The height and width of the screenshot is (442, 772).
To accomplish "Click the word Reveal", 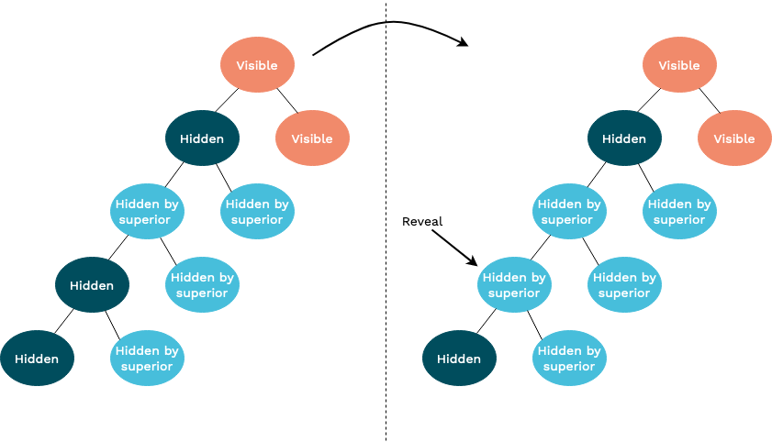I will coord(422,222).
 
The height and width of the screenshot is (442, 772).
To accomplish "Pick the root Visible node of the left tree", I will coord(257,65).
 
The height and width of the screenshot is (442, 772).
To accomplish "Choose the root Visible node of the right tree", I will coord(679,65).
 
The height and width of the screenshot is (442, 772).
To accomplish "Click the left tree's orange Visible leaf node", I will coord(312,138).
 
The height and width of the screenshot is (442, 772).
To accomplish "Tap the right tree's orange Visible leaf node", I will coord(734,138).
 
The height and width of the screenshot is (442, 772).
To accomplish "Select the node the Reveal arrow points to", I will coord(514,285).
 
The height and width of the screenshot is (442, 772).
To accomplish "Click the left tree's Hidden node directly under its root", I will coord(202,138).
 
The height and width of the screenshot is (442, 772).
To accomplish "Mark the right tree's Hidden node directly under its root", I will coord(624,138).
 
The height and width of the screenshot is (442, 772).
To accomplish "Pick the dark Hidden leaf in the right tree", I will coord(459,359).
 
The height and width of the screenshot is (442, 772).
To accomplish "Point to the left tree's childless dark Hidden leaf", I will coord(37,359).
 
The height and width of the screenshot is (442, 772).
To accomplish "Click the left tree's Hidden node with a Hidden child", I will coord(92,285).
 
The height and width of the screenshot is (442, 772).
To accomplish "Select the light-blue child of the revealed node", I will coord(569,359).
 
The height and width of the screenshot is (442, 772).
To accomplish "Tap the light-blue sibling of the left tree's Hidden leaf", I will coord(147,359).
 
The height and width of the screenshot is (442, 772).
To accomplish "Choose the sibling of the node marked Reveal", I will coord(624,285).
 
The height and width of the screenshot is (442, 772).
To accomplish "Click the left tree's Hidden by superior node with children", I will coord(147,212).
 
